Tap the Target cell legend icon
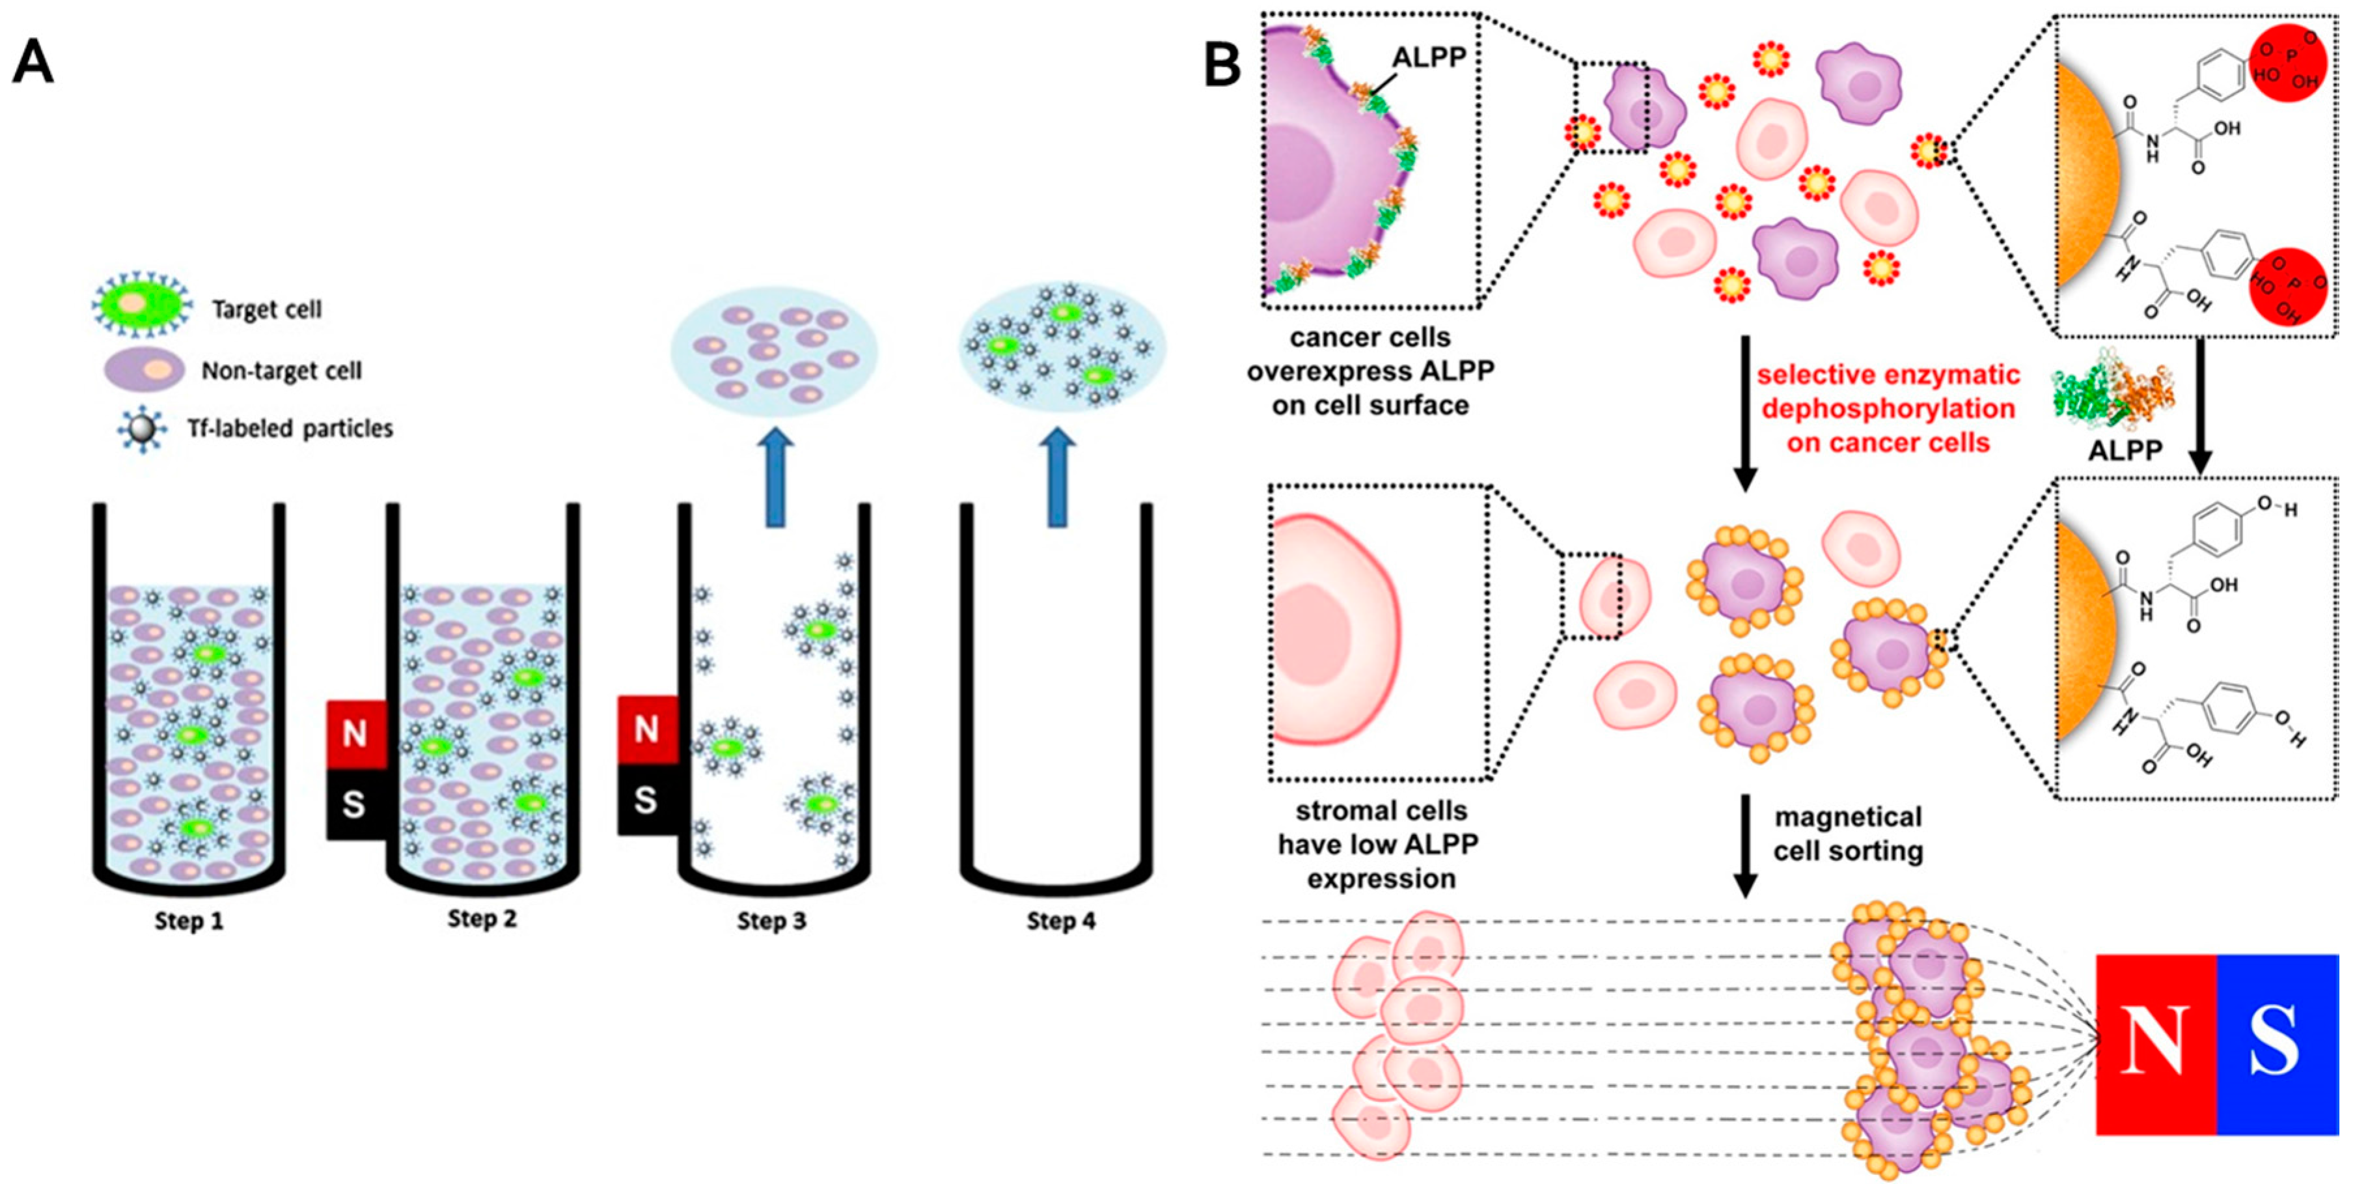pyautogui.click(x=142, y=306)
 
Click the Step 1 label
pyautogui.click(x=188, y=920)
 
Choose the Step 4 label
pyautogui.click(x=1060, y=920)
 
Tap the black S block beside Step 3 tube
pyautogui.click(x=646, y=800)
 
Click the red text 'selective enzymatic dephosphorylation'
pyautogui.click(x=1888, y=409)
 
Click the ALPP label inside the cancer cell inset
pyautogui.click(x=1428, y=57)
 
